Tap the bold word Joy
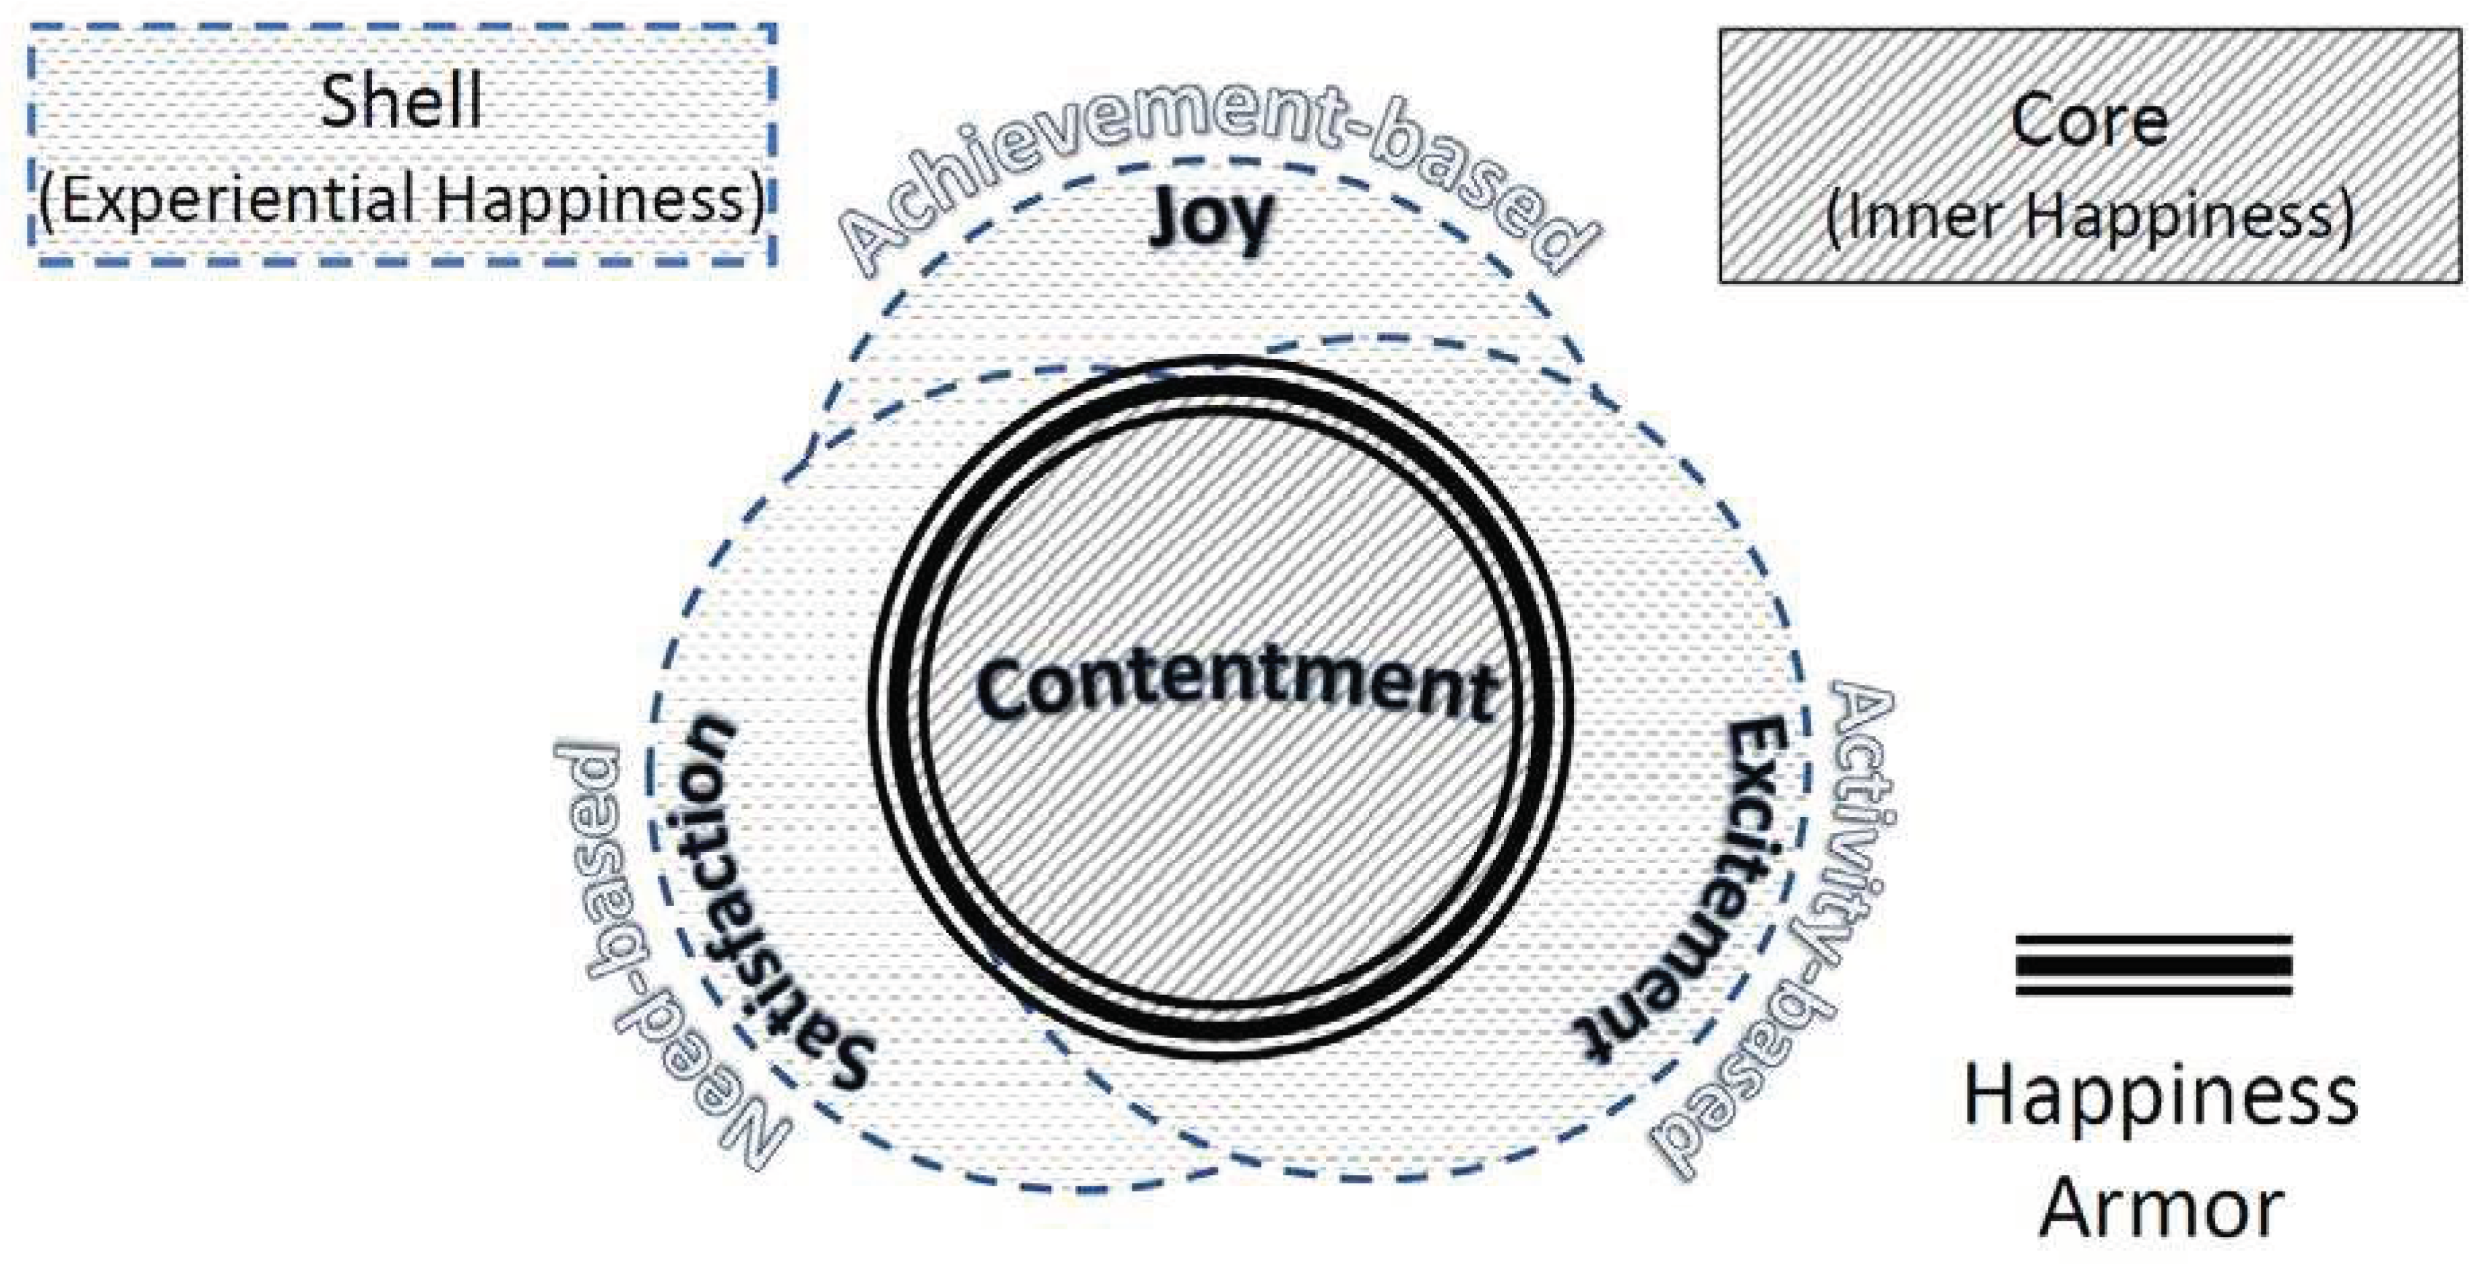tap(1212, 220)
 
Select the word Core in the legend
tap(2090, 121)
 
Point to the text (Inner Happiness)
tap(2090, 217)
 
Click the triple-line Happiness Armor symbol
tap(2154, 965)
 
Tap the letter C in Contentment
tap(1004, 687)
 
